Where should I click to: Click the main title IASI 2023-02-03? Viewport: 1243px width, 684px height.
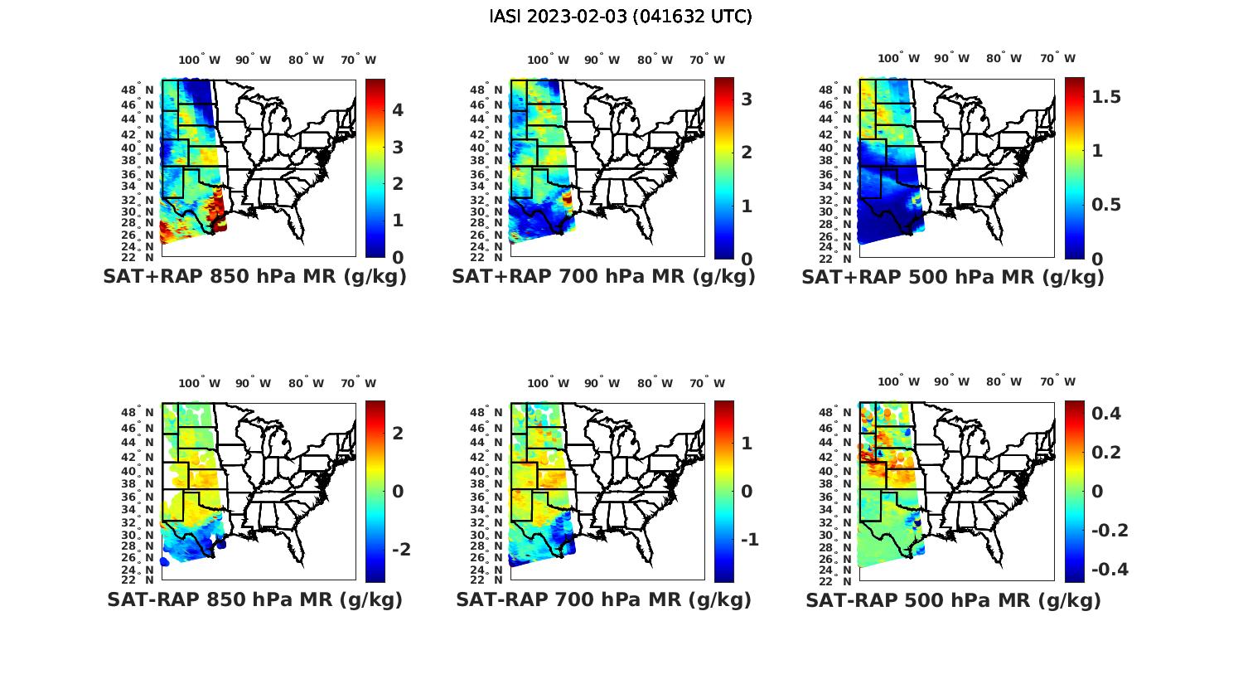coord(621,17)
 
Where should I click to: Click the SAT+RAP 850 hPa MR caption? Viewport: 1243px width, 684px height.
coord(254,277)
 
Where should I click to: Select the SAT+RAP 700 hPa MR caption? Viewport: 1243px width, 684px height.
coord(603,277)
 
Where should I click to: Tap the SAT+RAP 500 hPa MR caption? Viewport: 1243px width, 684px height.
coord(953,277)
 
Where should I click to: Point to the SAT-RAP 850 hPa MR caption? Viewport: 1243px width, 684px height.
coord(254,599)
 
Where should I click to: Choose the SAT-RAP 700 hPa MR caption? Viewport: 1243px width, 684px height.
coord(603,599)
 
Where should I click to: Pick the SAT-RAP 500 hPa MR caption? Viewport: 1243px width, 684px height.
coord(953,599)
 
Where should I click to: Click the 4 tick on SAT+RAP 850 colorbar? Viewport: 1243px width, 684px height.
coord(398,110)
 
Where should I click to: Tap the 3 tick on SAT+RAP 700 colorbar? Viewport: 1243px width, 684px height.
coord(747,99)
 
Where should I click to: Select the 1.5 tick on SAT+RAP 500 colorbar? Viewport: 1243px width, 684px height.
coord(1106,97)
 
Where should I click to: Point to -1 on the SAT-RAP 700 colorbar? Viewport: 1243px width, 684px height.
coord(748,540)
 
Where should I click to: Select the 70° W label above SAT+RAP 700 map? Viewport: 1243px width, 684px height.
coord(708,60)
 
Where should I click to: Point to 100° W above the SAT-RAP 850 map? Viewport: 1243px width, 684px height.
coord(200,383)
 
